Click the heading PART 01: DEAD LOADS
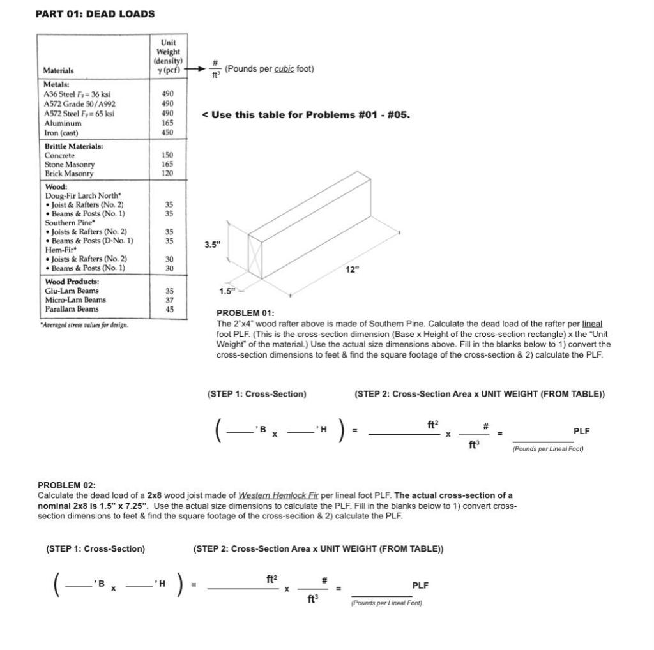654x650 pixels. [95, 13]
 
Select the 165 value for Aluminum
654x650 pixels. [168, 123]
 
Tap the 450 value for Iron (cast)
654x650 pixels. [168, 133]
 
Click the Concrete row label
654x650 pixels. [59, 155]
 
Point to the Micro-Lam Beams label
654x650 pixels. [75, 299]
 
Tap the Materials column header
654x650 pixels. [58, 71]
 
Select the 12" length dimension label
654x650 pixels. [352, 269]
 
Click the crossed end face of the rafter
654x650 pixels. [255, 257]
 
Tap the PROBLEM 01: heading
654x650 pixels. [245, 313]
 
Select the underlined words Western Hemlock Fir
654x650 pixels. [278, 495]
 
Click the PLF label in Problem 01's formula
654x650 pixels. [581, 431]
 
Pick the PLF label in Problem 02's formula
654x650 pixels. [420, 585]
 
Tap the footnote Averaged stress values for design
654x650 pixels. [84, 325]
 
